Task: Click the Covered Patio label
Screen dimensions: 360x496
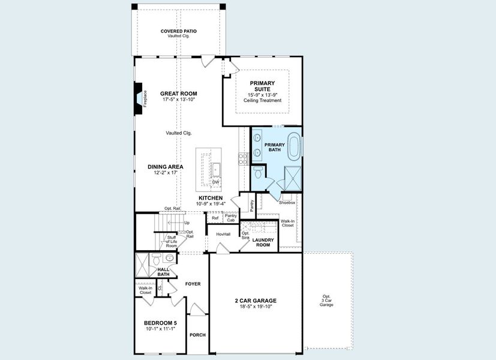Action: coord(178,31)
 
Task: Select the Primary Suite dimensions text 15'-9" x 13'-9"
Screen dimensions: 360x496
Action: coord(262,95)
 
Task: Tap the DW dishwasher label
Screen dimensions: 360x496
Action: coord(215,182)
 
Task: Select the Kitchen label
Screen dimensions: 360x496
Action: coord(211,197)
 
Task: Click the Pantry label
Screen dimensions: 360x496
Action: coord(251,206)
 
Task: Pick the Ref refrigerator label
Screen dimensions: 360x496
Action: coord(215,218)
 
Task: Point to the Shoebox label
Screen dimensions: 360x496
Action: coord(287,202)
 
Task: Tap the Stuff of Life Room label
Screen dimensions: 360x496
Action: coord(172,241)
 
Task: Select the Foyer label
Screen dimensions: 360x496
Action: coord(193,284)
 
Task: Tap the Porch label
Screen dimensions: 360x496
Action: coord(197,335)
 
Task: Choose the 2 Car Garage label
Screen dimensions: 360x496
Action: coord(255,301)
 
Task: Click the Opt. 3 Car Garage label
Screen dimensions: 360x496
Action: coord(326,301)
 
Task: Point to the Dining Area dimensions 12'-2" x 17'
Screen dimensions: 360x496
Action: coord(166,173)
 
